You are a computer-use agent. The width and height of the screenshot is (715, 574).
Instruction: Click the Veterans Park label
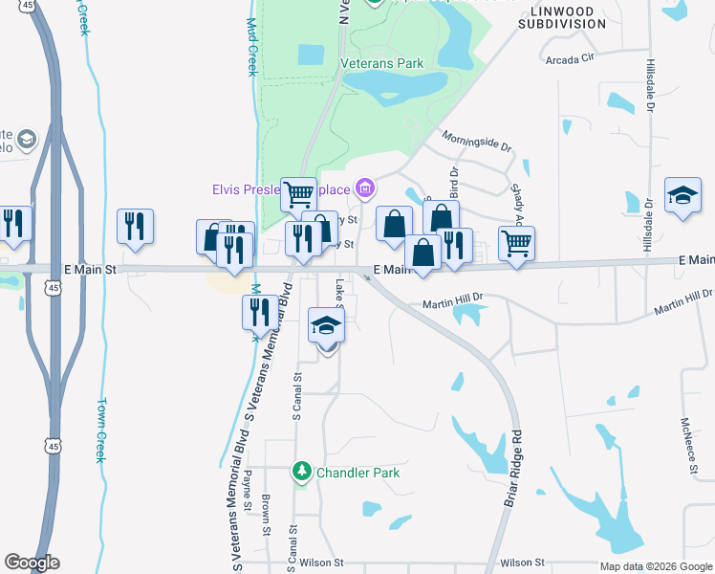click(382, 64)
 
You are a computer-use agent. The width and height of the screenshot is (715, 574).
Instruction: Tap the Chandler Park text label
click(357, 473)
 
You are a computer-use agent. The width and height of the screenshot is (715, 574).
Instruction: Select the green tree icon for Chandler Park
click(302, 471)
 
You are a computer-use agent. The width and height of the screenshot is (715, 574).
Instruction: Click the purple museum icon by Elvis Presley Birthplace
click(364, 187)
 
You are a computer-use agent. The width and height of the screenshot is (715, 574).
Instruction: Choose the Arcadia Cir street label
click(570, 58)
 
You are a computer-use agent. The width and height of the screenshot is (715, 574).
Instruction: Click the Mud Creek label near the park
click(252, 48)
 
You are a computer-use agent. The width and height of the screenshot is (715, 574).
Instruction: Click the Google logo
click(32, 563)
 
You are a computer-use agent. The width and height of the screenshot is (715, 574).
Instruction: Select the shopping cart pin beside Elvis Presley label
click(298, 194)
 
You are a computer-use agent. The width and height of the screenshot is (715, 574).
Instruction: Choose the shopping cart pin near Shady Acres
click(516, 243)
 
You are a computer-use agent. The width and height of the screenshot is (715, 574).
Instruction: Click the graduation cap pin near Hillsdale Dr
click(682, 196)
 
